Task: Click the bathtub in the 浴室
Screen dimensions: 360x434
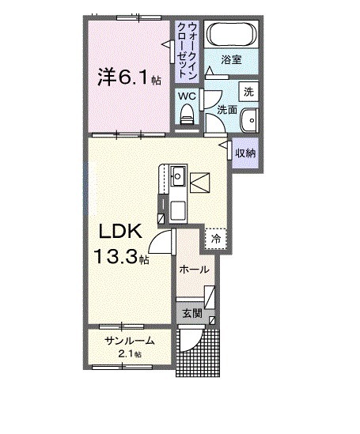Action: (x=231, y=34)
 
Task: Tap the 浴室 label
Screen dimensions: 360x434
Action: (x=231, y=60)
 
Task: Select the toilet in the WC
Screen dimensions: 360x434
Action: (x=188, y=115)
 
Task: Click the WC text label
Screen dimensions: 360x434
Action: (x=187, y=96)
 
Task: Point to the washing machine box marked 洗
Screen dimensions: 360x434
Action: (x=248, y=92)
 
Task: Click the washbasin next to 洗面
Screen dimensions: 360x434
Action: (x=249, y=120)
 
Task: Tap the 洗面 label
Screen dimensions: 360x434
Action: (x=227, y=110)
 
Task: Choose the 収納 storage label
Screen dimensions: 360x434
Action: (x=245, y=153)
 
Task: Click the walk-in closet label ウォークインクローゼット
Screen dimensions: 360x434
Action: (x=188, y=50)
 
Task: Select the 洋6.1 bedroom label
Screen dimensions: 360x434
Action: (x=129, y=77)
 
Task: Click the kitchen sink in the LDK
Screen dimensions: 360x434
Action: (x=178, y=176)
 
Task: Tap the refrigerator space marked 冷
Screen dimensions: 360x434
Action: (x=216, y=239)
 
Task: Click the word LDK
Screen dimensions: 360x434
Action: (x=121, y=231)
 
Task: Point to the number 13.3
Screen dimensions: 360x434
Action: (x=116, y=256)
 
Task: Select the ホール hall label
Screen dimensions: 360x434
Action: (x=194, y=270)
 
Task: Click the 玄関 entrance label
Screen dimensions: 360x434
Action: (x=192, y=314)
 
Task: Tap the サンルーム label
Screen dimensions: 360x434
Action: (x=129, y=341)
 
